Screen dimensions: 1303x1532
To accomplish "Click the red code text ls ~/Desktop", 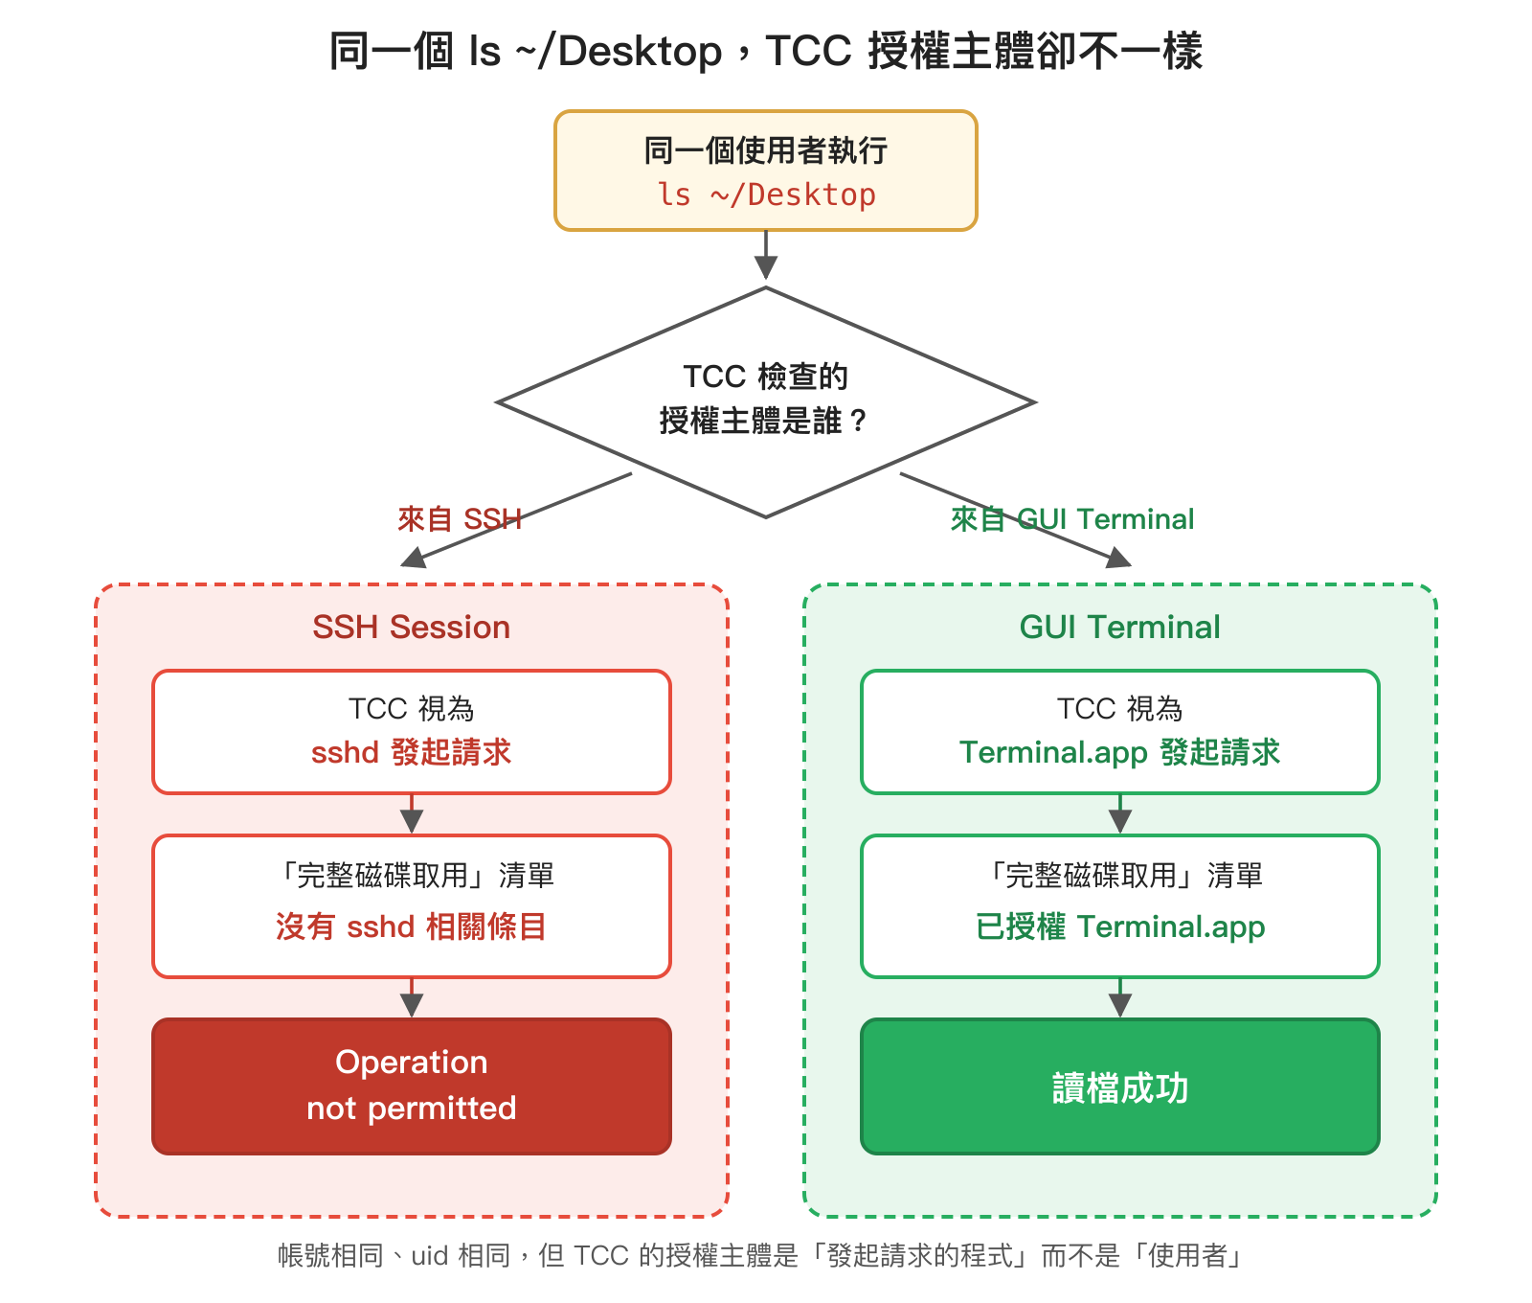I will point(766,194).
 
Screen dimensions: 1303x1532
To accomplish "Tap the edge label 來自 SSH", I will point(460,519).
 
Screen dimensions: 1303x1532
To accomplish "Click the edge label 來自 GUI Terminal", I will point(1072,519).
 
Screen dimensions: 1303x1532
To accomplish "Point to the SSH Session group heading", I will point(412,627).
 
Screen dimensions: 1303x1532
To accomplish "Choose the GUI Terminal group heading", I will point(1119,627).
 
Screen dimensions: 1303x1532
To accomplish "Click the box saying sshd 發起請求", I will point(412,732).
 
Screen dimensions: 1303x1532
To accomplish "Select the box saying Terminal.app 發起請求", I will point(1119,732).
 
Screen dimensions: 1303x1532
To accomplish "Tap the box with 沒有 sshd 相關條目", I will point(412,905).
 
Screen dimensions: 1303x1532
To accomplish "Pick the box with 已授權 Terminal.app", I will point(1119,905).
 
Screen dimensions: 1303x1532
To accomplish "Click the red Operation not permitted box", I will point(412,1086).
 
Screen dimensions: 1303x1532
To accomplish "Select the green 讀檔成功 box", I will point(1119,1086).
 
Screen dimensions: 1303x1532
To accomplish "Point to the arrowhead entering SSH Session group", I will point(415,558).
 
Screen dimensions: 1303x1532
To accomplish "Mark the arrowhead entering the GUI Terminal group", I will point(1117,558).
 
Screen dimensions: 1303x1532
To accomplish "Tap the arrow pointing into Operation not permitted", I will point(412,1001).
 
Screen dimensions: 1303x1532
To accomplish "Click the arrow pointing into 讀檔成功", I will point(1119,1001).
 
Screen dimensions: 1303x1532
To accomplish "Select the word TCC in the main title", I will point(808,51).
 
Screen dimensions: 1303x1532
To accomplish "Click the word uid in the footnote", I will point(430,1255).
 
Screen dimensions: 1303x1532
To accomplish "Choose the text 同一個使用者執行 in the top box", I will point(766,150).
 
